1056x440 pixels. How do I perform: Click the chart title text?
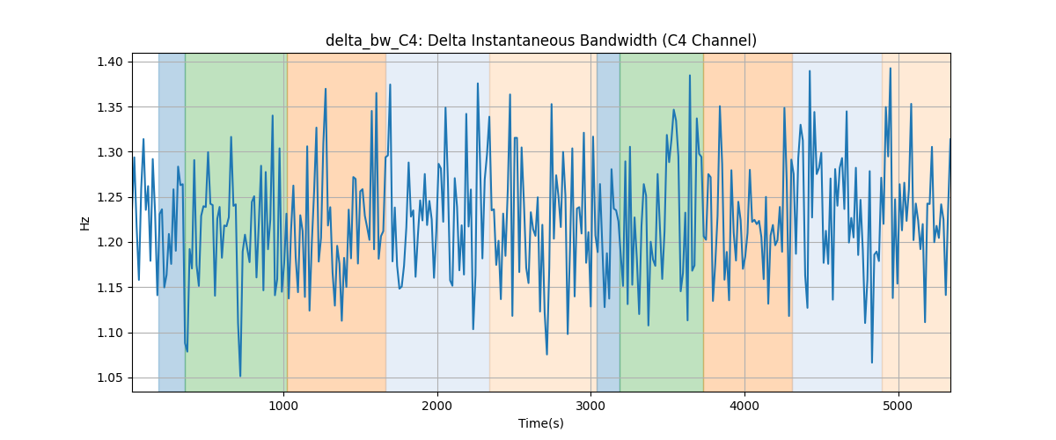[x=540, y=41]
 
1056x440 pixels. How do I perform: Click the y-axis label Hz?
[x=84, y=224]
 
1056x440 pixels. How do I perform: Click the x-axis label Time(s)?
[x=540, y=423]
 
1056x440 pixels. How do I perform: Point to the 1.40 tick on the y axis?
[x=110, y=62]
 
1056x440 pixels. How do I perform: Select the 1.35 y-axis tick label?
[x=110, y=107]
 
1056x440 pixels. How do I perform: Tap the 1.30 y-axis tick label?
[x=110, y=152]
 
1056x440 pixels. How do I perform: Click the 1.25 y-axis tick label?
[x=110, y=198]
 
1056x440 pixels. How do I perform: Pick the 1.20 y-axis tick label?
[x=110, y=242]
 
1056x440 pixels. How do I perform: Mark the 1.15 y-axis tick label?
[x=110, y=288]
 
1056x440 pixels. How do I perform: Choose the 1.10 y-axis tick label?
[x=110, y=333]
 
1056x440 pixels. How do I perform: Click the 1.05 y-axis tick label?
[x=110, y=378]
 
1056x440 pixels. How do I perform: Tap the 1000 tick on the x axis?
[x=283, y=407]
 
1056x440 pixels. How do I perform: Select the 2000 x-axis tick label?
[x=437, y=407]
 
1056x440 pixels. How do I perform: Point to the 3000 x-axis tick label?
[x=590, y=407]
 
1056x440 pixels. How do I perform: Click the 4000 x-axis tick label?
[x=744, y=407]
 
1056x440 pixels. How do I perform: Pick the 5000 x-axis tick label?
[x=898, y=407]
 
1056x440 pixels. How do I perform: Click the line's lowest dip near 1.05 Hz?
[x=240, y=376]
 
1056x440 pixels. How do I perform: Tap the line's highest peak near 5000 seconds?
[x=890, y=69]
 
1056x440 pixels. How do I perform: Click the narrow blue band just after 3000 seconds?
[x=608, y=222]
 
